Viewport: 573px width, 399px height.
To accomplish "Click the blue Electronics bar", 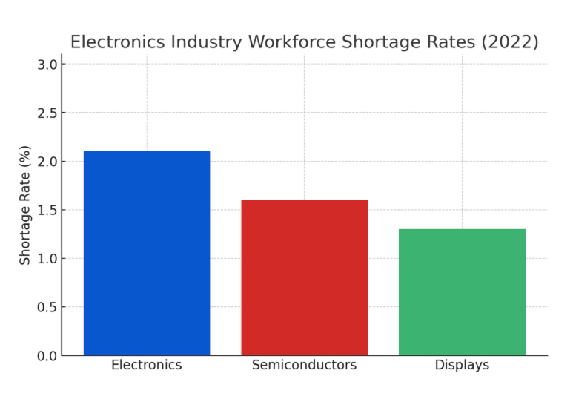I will (x=147, y=253).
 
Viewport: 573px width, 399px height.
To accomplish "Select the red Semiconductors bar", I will (x=304, y=277).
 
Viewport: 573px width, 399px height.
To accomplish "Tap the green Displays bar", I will (x=462, y=292).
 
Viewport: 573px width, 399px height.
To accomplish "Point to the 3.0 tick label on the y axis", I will (x=47, y=65).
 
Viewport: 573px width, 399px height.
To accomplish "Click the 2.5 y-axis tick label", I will (x=47, y=113).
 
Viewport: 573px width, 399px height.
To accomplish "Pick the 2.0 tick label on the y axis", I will (x=47, y=162).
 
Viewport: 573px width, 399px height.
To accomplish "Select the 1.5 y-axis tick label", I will (x=47, y=210).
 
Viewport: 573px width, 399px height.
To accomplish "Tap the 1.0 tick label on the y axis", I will (x=47, y=259).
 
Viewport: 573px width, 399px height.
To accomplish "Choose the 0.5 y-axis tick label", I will (x=47, y=307).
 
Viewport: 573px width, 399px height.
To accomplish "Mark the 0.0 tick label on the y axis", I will (x=47, y=356).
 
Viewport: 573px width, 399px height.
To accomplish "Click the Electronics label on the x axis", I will (x=147, y=365).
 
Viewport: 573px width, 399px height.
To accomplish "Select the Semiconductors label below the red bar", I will (x=304, y=365).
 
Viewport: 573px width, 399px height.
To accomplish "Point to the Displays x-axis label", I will (x=462, y=365).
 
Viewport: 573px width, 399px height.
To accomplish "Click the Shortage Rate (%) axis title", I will (x=25, y=205).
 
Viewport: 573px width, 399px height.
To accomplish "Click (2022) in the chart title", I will (x=510, y=42).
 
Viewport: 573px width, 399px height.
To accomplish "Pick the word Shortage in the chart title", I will (x=378, y=42).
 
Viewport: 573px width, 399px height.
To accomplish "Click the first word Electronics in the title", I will (x=119, y=42).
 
